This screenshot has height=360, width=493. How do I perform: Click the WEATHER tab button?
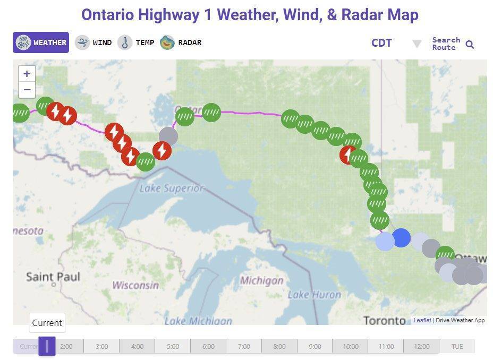click(x=41, y=42)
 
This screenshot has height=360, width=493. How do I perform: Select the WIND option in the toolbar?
click(x=93, y=42)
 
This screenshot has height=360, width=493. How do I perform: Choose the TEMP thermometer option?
click(x=136, y=42)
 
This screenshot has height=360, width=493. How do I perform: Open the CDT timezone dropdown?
click(x=416, y=44)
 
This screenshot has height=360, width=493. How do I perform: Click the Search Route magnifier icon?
click(x=470, y=45)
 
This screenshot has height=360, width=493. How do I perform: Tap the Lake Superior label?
click(x=172, y=188)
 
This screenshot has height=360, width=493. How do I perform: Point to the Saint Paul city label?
click(x=53, y=277)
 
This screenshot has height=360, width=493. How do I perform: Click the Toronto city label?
click(x=385, y=320)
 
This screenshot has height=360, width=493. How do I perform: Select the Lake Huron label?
click(x=314, y=295)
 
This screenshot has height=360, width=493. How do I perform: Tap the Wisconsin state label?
click(x=135, y=285)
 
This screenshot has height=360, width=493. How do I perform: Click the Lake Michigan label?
click(x=198, y=321)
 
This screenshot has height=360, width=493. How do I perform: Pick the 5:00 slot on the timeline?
click(x=173, y=347)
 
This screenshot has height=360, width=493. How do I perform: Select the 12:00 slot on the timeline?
click(x=421, y=347)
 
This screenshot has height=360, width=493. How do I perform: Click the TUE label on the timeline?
click(x=457, y=347)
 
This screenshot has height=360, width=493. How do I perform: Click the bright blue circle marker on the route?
click(x=401, y=238)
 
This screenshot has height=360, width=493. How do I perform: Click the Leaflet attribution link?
click(x=422, y=320)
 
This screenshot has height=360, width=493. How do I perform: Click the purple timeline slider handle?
click(x=47, y=346)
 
